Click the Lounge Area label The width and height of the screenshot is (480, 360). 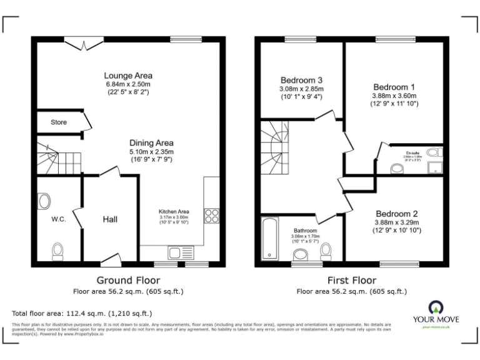[129, 76]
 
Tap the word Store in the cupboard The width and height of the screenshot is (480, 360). [59, 122]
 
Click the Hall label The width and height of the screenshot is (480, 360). [110, 219]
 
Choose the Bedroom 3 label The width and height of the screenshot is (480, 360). [301, 81]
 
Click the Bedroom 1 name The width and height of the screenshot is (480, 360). [394, 87]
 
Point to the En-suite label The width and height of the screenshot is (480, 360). [412, 152]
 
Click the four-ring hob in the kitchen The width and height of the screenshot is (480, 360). [211, 216]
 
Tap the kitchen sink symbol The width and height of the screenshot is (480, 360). [180, 252]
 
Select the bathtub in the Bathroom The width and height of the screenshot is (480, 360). [270, 239]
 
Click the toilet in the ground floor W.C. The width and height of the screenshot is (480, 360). [57, 251]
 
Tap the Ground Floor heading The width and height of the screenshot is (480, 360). [128, 280]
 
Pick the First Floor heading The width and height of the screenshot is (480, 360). [351, 280]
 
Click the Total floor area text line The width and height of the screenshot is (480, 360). [82, 313]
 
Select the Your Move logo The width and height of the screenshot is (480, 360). [435, 312]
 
